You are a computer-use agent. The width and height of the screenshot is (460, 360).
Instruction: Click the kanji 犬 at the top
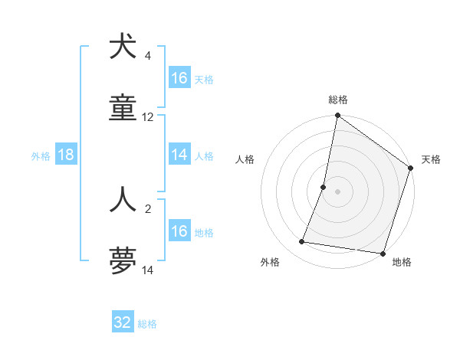(123, 47)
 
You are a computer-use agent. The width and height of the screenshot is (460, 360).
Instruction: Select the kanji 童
(123, 109)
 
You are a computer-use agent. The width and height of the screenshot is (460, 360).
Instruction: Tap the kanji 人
(123, 199)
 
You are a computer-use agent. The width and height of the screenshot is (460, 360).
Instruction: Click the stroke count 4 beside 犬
(148, 56)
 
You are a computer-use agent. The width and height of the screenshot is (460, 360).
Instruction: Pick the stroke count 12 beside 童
(148, 117)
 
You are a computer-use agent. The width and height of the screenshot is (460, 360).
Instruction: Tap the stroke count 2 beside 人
(148, 208)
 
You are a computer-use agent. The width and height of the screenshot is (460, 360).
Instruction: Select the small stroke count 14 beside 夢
(148, 270)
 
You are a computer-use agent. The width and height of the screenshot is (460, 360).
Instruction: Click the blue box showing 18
(66, 155)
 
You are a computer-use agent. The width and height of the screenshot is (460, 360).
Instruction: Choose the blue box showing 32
(123, 322)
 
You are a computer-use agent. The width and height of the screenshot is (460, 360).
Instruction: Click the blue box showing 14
(179, 155)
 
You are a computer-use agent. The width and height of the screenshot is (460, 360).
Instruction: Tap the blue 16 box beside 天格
(179, 78)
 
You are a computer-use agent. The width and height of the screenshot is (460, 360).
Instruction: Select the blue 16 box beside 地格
(179, 231)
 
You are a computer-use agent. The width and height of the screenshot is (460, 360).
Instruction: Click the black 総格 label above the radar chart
(338, 100)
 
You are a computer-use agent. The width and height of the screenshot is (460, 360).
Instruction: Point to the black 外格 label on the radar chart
(270, 262)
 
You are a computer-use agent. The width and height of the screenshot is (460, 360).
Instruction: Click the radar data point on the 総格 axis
(337, 116)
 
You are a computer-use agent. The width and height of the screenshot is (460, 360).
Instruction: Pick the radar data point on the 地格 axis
(383, 254)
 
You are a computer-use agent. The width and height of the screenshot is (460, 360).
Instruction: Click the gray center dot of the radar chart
(337, 191)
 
